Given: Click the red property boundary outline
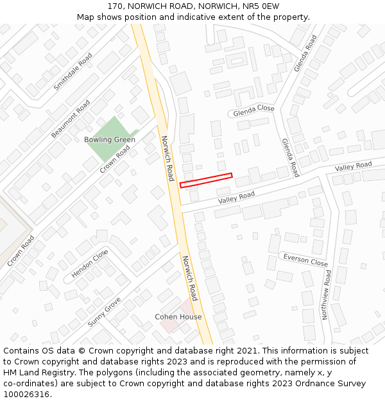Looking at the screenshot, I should (206, 180).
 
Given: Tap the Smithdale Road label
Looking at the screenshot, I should (73, 71).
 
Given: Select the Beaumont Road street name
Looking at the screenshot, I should (71, 119).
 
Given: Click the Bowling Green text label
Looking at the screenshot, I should (110, 140).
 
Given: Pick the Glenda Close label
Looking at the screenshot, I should (253, 110).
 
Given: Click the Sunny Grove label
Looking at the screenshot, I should (104, 312).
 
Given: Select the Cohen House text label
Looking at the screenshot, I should (178, 317).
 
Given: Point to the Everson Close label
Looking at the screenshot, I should (305, 260).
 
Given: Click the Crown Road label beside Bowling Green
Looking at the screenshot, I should (115, 159).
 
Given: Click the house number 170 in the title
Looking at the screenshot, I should (116, 6).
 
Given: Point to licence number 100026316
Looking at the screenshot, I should (26, 395).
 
